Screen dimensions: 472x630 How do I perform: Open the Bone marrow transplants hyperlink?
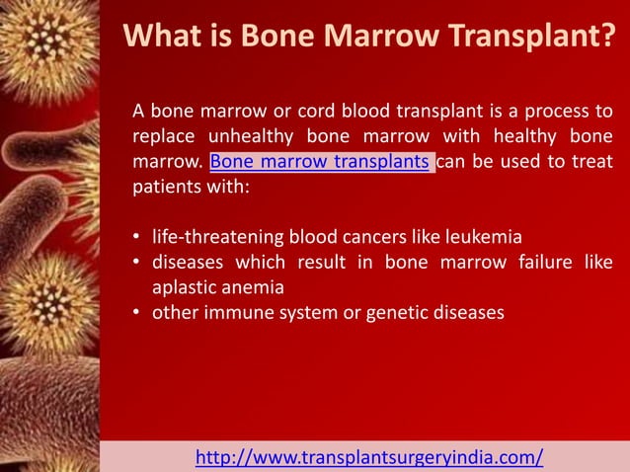coord(320,162)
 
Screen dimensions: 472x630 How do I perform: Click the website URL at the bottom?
coord(369,457)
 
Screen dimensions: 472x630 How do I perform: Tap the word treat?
coord(590,162)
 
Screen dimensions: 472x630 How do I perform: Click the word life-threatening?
coord(217,238)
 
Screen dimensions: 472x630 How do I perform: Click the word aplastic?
coord(183,288)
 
